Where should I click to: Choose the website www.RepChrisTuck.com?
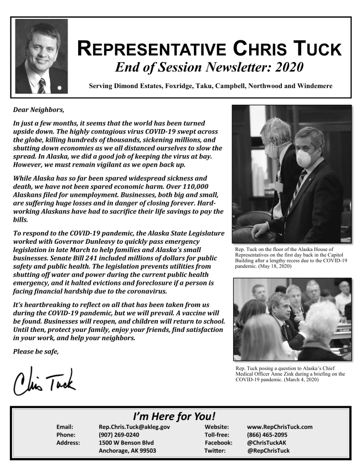280,427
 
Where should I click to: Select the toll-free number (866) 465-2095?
267,435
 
